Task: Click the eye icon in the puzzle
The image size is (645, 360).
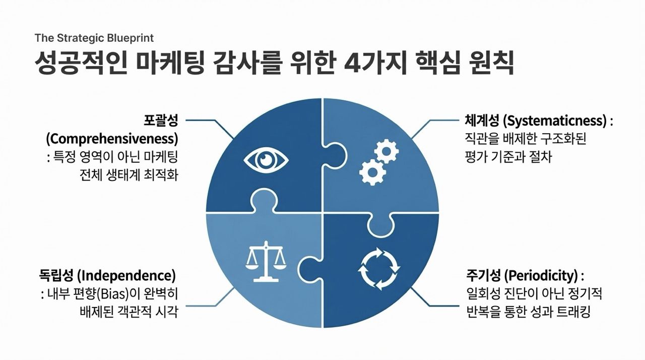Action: coord(266,160)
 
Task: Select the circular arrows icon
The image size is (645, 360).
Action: coord(379,268)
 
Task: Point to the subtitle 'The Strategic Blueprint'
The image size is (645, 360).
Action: coord(94,38)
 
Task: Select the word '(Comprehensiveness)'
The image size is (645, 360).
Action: coord(112,138)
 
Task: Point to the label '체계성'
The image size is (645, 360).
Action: coord(482,121)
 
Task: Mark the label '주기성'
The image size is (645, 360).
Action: coord(482,276)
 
